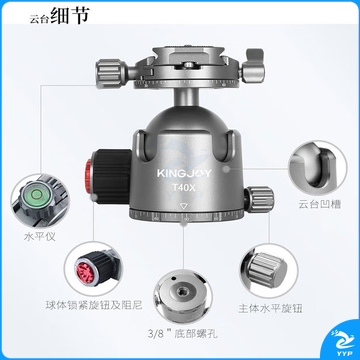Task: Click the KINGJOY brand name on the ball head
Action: [184, 173]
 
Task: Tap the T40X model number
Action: [184, 188]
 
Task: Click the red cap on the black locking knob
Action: [88, 176]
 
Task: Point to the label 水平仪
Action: [40, 237]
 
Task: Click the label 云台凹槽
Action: [320, 204]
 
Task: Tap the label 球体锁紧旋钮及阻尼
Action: [94, 305]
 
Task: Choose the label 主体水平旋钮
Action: [270, 308]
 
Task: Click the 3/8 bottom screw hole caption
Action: [183, 333]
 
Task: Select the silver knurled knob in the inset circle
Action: [267, 269]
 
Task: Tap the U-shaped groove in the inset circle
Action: [317, 170]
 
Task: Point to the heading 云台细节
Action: [59, 16]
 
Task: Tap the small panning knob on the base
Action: [260, 199]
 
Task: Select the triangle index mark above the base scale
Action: [183, 206]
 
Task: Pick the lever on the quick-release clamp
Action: [253, 65]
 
